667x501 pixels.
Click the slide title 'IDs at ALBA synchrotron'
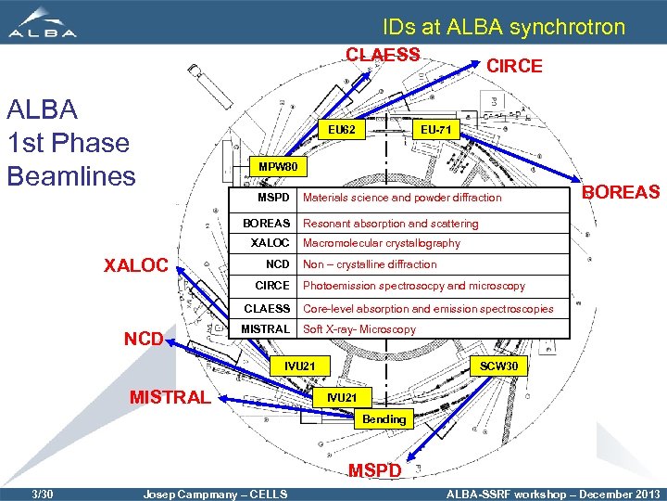[x=504, y=27]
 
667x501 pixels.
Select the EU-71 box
[x=434, y=130]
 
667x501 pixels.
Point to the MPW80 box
[x=277, y=168]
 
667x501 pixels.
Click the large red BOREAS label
[x=621, y=192]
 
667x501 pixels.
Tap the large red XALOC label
[x=135, y=265]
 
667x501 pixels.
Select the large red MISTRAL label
[x=170, y=398]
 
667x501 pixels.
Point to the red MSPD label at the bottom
[x=375, y=470]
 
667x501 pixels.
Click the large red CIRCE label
[x=515, y=66]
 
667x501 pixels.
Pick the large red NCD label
[x=145, y=340]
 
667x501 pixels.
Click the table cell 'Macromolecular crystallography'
[x=382, y=243]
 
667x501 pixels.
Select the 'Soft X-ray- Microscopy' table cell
[x=359, y=329]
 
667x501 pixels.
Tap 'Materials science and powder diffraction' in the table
[x=402, y=198]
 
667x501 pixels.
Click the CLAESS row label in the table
[x=267, y=309]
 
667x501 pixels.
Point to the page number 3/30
[x=42, y=494]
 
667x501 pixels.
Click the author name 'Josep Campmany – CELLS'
[x=214, y=494]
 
